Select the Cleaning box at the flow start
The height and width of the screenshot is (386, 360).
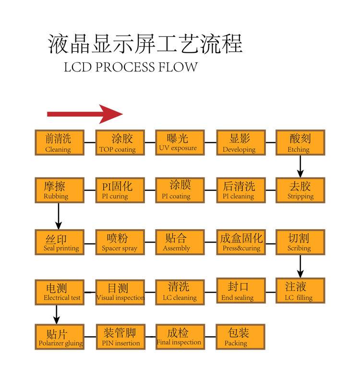[x=59, y=142]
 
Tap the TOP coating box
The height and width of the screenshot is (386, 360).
[x=120, y=142]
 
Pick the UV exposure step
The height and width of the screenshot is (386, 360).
[x=179, y=142]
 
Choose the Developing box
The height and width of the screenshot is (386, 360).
[x=240, y=142]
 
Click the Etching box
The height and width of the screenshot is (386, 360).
[x=300, y=142]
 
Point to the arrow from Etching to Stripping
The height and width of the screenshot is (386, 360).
[x=300, y=166]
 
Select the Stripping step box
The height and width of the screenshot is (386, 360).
[x=300, y=190]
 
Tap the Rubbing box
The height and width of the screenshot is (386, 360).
[x=59, y=190]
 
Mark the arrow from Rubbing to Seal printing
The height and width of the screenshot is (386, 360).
[x=59, y=216]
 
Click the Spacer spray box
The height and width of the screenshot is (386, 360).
[x=120, y=242]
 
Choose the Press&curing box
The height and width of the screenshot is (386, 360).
[x=240, y=242]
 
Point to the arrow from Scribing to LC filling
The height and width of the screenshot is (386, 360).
[x=300, y=266]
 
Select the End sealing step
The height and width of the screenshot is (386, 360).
[x=240, y=291]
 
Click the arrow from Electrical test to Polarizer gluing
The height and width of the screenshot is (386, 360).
[x=57, y=314]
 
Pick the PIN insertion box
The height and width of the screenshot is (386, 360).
[x=120, y=337]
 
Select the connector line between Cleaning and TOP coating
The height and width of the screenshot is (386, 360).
[x=90, y=142]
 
